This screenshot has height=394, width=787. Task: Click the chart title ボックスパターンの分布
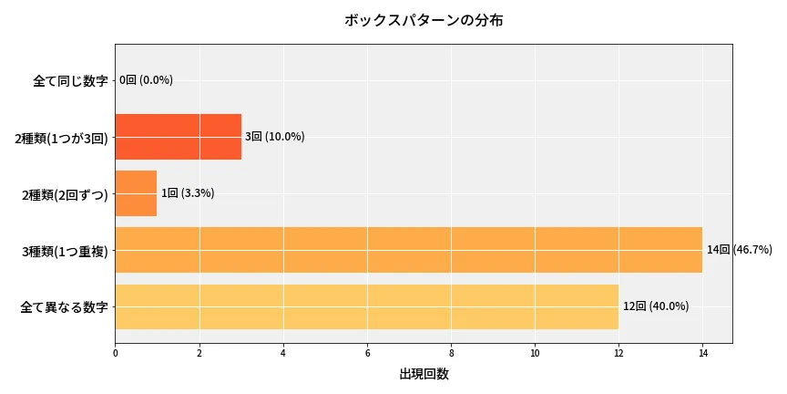(x=424, y=20)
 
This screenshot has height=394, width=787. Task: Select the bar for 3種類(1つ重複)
(x=408, y=250)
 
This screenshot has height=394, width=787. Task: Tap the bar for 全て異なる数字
(x=366, y=306)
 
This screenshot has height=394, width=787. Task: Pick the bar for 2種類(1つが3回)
(x=178, y=137)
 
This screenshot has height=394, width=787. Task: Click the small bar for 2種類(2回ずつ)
(x=136, y=193)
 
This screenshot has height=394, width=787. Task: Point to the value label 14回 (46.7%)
(x=739, y=250)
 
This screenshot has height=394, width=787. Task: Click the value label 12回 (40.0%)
(x=655, y=306)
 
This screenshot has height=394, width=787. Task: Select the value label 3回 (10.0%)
(x=274, y=137)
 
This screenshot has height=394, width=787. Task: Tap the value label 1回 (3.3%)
(x=187, y=193)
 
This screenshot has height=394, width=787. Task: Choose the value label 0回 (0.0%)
(x=146, y=80)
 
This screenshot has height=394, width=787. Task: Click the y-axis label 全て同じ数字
(x=70, y=80)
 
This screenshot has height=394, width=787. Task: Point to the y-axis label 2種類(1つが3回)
(x=61, y=138)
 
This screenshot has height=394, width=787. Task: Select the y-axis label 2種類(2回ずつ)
(x=65, y=194)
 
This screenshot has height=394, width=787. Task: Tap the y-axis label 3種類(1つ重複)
(x=65, y=251)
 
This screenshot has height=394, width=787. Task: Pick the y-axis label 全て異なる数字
(x=64, y=307)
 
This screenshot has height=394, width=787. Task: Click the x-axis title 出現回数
(x=424, y=374)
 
